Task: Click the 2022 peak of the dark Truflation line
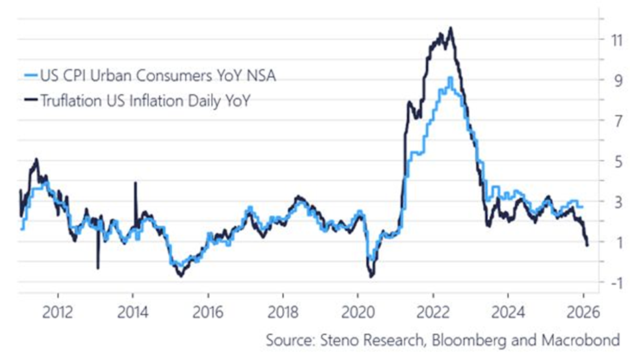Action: [450, 28]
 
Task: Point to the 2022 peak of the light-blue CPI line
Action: [450, 78]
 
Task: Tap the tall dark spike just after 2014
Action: [135, 183]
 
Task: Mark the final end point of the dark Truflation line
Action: [588, 245]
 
